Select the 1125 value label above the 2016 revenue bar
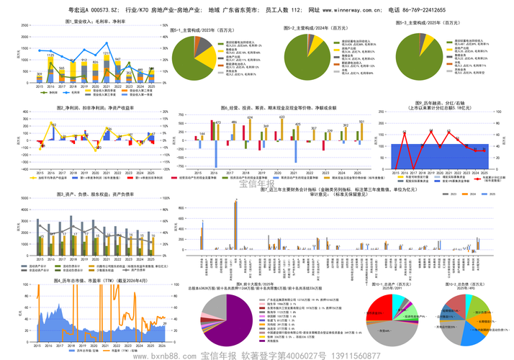50,55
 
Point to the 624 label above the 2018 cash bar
250,118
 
